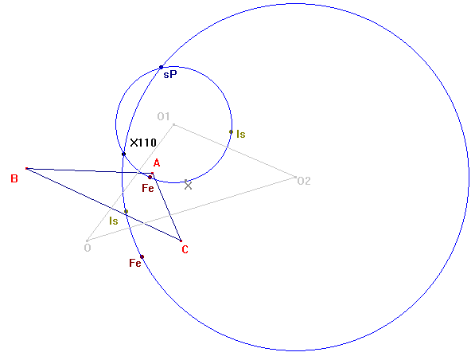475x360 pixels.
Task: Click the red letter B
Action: [x=14, y=178]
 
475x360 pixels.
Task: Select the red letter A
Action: [x=157, y=163]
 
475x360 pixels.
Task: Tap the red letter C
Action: [x=185, y=249]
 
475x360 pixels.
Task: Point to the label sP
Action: [x=170, y=74]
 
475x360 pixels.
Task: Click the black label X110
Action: [x=143, y=143]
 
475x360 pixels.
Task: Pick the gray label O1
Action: [x=163, y=116]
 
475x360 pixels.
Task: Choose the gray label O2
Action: [x=304, y=181]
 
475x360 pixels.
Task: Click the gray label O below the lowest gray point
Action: [x=88, y=248]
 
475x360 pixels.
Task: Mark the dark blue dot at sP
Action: [x=162, y=68]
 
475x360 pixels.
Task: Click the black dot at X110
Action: [x=123, y=154]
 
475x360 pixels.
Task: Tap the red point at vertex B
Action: [x=27, y=168]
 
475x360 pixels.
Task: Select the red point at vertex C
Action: [x=181, y=241]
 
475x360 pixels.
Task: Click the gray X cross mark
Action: [x=188, y=186]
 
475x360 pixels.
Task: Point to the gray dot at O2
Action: [x=295, y=177]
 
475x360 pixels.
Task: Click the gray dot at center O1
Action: [x=173, y=125]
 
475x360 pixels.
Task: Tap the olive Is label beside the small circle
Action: [x=241, y=134]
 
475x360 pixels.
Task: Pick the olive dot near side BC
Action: [x=126, y=211]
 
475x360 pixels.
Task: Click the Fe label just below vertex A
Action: [x=148, y=188]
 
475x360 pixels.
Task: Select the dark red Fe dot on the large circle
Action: [x=142, y=257]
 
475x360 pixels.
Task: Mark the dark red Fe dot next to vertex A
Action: [x=150, y=177]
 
